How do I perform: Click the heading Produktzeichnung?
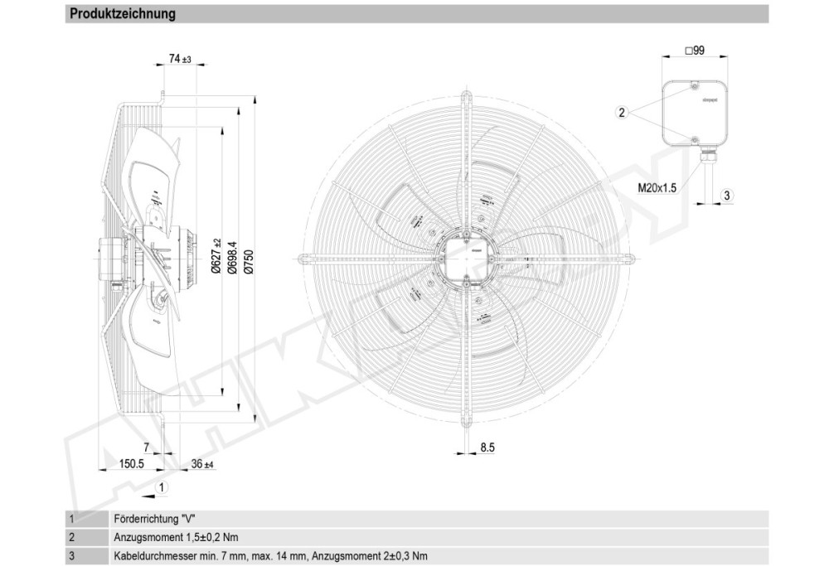coord(122,14)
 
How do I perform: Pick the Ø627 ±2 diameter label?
coord(217,256)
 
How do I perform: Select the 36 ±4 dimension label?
coord(201,464)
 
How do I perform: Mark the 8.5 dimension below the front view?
coord(487,447)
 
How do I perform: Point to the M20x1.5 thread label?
coord(657,188)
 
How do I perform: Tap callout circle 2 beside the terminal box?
coord(622,113)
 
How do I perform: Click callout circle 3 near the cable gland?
coord(726,196)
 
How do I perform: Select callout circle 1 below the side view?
coord(162,486)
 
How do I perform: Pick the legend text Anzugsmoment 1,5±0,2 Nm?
coord(175,537)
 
